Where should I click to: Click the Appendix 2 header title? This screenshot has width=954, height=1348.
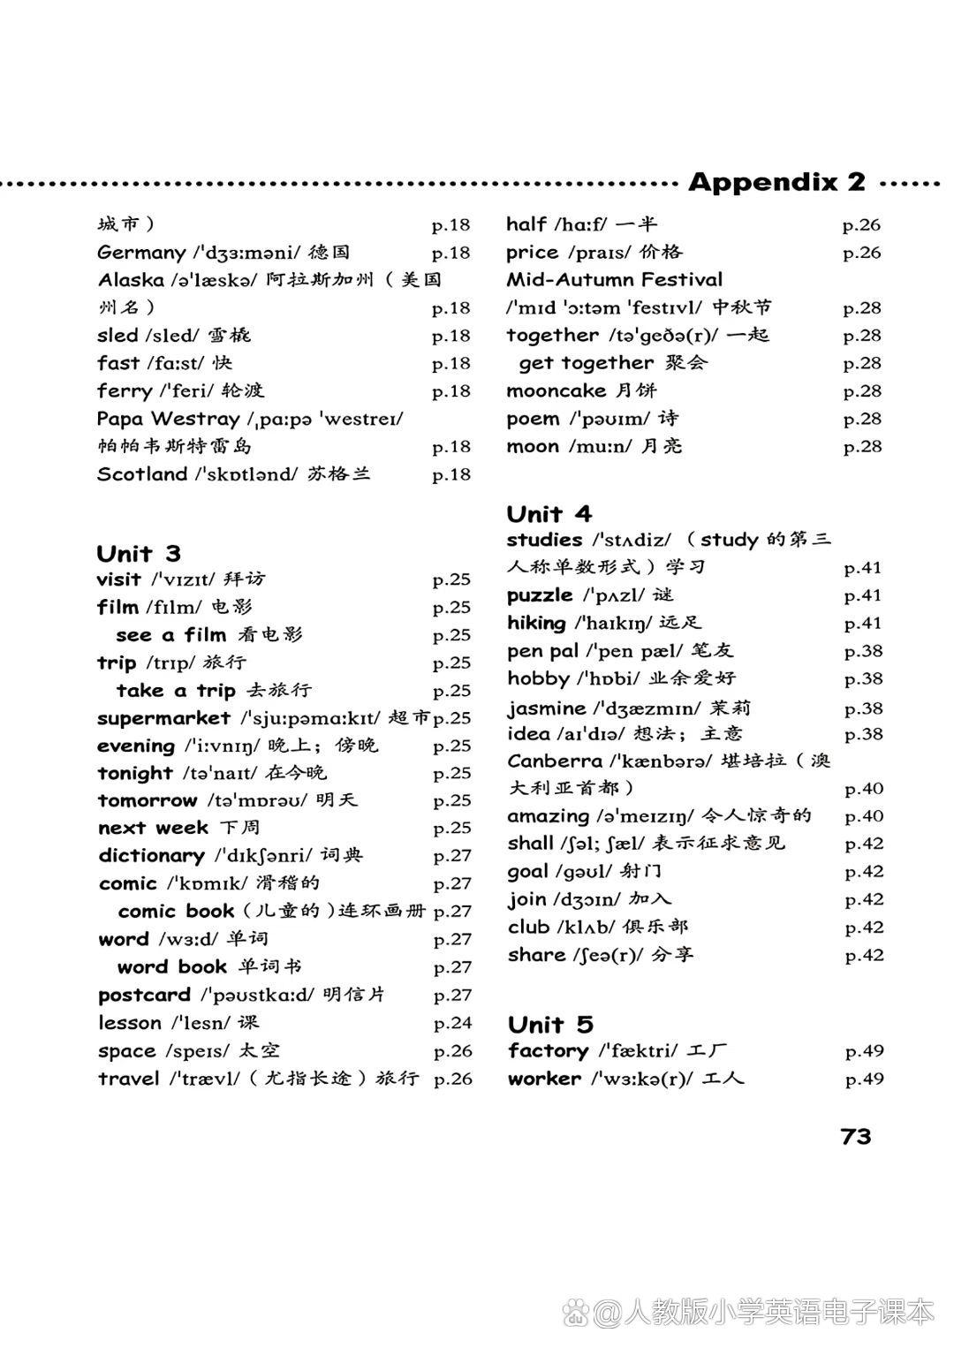coord(776,182)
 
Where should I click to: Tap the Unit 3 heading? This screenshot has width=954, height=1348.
coord(139,554)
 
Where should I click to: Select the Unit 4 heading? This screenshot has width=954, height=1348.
coord(549,514)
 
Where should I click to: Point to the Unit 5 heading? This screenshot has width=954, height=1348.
coord(549,1025)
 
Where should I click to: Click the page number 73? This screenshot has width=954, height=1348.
coord(856,1136)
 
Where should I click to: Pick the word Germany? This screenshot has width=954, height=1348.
coord(141,253)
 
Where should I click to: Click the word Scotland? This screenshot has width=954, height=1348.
coord(142,474)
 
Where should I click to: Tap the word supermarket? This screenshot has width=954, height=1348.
coord(163,718)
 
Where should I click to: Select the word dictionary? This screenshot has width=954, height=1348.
coord(151,855)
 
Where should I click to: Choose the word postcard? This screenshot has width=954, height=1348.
coord(144,995)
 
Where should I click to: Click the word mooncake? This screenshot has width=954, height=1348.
coord(556,390)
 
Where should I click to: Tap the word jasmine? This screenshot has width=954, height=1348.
coord(546,708)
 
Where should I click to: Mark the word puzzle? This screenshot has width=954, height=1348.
coord(540,595)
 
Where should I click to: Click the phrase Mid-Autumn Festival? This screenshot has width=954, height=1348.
coord(614,280)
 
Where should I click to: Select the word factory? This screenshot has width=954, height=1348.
coord(548,1051)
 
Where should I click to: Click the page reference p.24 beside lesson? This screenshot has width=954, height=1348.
coord(452,1023)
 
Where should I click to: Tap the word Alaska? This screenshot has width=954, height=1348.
coord(131,280)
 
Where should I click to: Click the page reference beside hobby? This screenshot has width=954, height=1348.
coord(863,678)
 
